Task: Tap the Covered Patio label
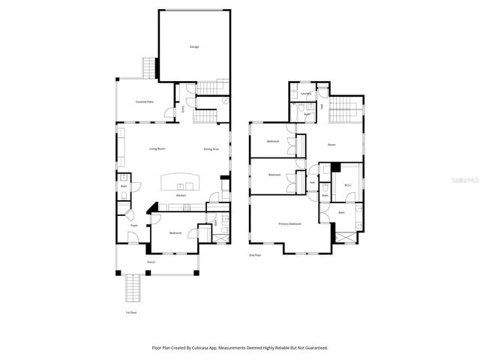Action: tap(145, 101)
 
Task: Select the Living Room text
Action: tap(157, 148)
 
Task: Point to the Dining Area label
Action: tap(211, 148)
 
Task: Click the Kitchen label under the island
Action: tap(181, 195)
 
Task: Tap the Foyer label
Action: tap(134, 225)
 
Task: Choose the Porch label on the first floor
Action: tap(151, 262)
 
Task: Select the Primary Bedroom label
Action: tap(290, 223)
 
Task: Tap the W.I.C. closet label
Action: tap(348, 185)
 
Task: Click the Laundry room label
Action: tap(306, 94)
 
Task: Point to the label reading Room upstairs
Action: tap(331, 144)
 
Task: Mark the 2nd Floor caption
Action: tap(256, 255)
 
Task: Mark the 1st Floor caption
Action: tap(131, 313)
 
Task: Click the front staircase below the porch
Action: tap(133, 288)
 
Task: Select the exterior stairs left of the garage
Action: tap(149, 68)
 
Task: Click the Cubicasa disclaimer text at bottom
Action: tap(239, 347)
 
